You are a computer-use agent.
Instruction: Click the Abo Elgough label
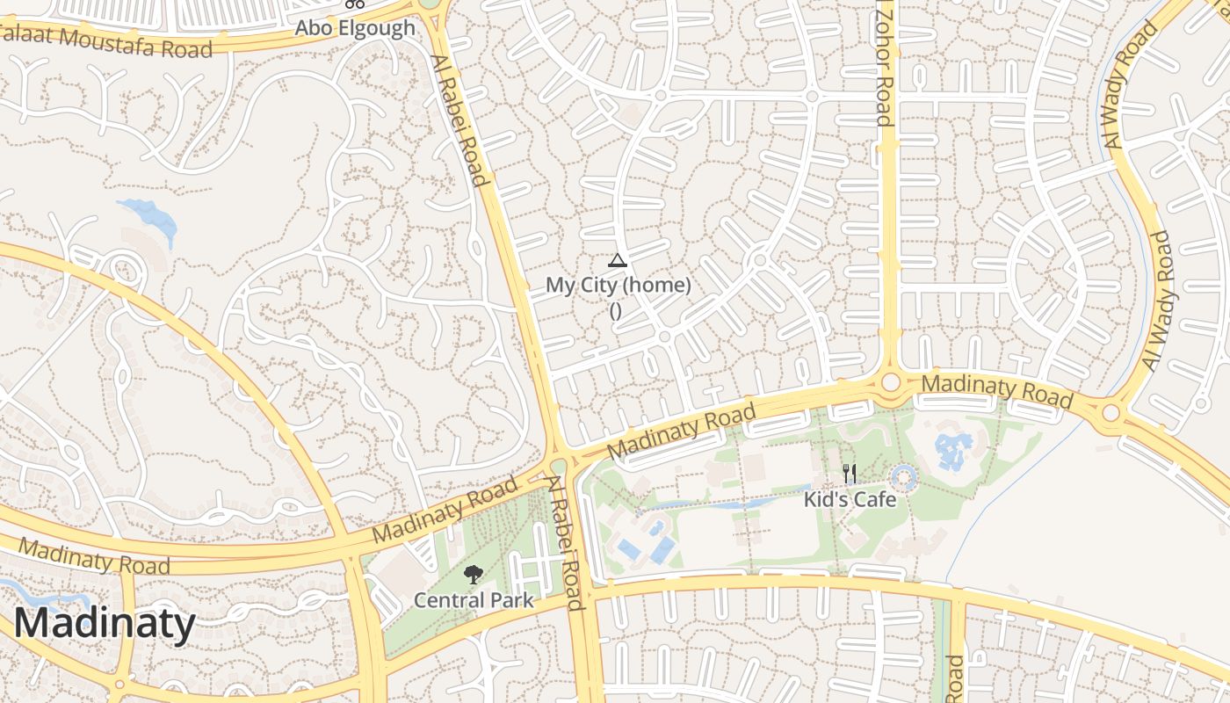point(354,27)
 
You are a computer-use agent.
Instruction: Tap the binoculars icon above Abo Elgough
point(354,4)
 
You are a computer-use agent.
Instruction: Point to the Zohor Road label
point(884,63)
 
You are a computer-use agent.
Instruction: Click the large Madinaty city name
point(105,623)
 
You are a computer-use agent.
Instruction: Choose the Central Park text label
point(474,600)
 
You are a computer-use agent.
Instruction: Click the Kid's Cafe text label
point(850,499)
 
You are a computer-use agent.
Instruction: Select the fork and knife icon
point(849,475)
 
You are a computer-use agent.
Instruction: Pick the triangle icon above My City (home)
point(618,260)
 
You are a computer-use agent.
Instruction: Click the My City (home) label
point(619,285)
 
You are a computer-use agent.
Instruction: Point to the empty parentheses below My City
point(616,309)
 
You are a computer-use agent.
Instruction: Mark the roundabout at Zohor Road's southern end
point(891,382)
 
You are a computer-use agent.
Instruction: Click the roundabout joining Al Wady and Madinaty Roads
point(1111,412)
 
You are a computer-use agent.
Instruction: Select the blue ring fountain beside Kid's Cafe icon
point(903,479)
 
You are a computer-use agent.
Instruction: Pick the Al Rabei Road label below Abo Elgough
point(459,120)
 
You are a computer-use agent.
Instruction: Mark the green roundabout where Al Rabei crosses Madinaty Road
point(560,466)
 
